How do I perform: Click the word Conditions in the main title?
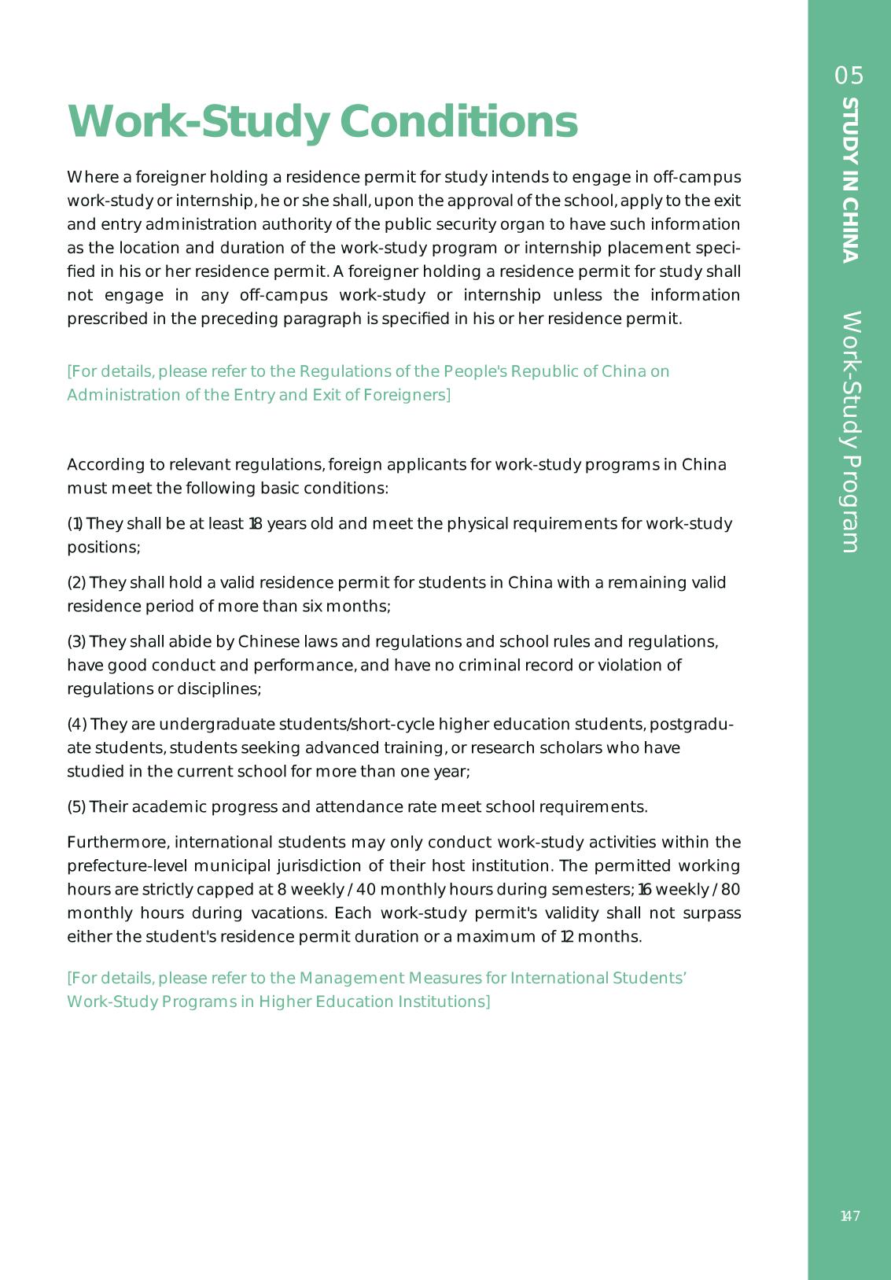point(458,121)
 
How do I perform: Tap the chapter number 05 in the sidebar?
point(849,76)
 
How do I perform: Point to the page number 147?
point(849,1216)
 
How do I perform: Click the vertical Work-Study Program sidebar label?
point(850,432)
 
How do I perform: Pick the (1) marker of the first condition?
point(75,524)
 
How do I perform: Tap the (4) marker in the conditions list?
point(76,725)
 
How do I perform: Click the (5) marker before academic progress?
point(76,807)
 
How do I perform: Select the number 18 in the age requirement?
point(255,524)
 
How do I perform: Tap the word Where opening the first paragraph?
point(90,177)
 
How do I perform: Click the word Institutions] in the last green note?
point(447,1001)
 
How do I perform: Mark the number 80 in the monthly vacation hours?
point(730,890)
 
